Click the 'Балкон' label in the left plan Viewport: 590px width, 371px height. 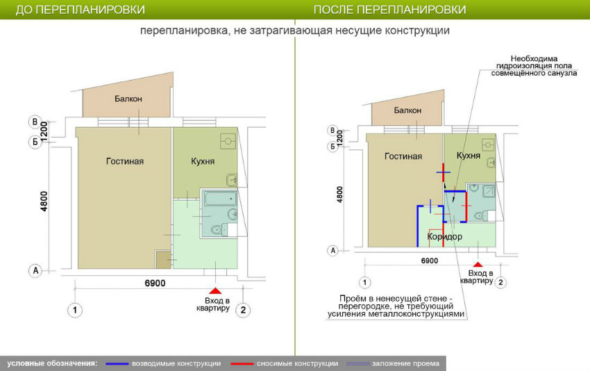coord(128,99)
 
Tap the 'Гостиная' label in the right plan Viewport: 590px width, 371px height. coord(403,156)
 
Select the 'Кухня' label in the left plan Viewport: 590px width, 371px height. coord(203,161)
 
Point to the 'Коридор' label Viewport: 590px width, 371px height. coord(445,237)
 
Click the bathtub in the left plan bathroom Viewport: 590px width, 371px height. coord(220,199)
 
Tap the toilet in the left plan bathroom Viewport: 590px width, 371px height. coord(217,229)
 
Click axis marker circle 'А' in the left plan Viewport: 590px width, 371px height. coord(35,270)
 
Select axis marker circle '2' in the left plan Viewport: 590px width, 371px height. coord(243,311)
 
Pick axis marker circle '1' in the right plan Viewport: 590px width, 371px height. coord(364,283)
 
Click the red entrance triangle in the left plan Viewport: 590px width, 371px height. coord(215,290)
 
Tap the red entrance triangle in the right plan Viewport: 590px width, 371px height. coord(478,265)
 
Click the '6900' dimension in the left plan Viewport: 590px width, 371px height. coord(155,283)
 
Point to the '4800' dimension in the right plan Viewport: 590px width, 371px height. coord(340,195)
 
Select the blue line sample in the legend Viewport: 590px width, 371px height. coord(117,363)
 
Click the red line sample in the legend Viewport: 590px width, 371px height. coord(242,363)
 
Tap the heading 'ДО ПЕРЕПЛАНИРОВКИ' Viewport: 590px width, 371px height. coord(80,10)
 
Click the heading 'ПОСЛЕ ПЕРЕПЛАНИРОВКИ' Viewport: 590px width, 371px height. coord(390,10)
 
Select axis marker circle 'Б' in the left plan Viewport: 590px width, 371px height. coord(35,142)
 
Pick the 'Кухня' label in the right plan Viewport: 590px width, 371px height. coord(469,156)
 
